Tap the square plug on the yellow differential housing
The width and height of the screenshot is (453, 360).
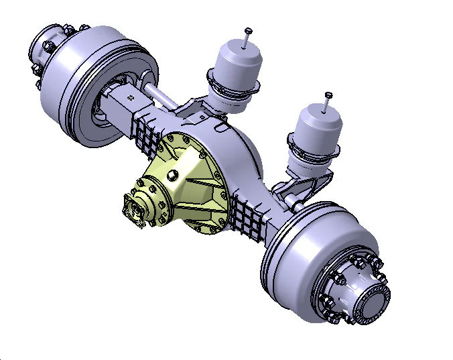(172, 176)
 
